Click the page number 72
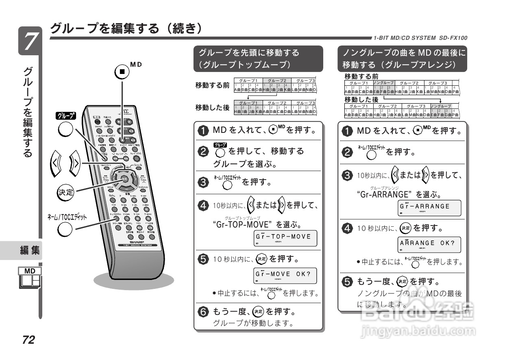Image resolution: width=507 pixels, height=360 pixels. click(x=28, y=340)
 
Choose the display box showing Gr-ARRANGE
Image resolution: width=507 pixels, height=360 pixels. click(x=429, y=208)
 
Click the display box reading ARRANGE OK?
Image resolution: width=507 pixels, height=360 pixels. click(x=429, y=245)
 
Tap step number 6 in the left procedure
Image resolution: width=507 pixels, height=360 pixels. click(x=202, y=312)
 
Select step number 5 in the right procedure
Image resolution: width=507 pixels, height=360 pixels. click(x=347, y=282)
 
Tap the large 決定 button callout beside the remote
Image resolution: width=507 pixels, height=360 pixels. click(x=65, y=192)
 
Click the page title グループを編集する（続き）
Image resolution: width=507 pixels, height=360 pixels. click(x=125, y=28)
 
